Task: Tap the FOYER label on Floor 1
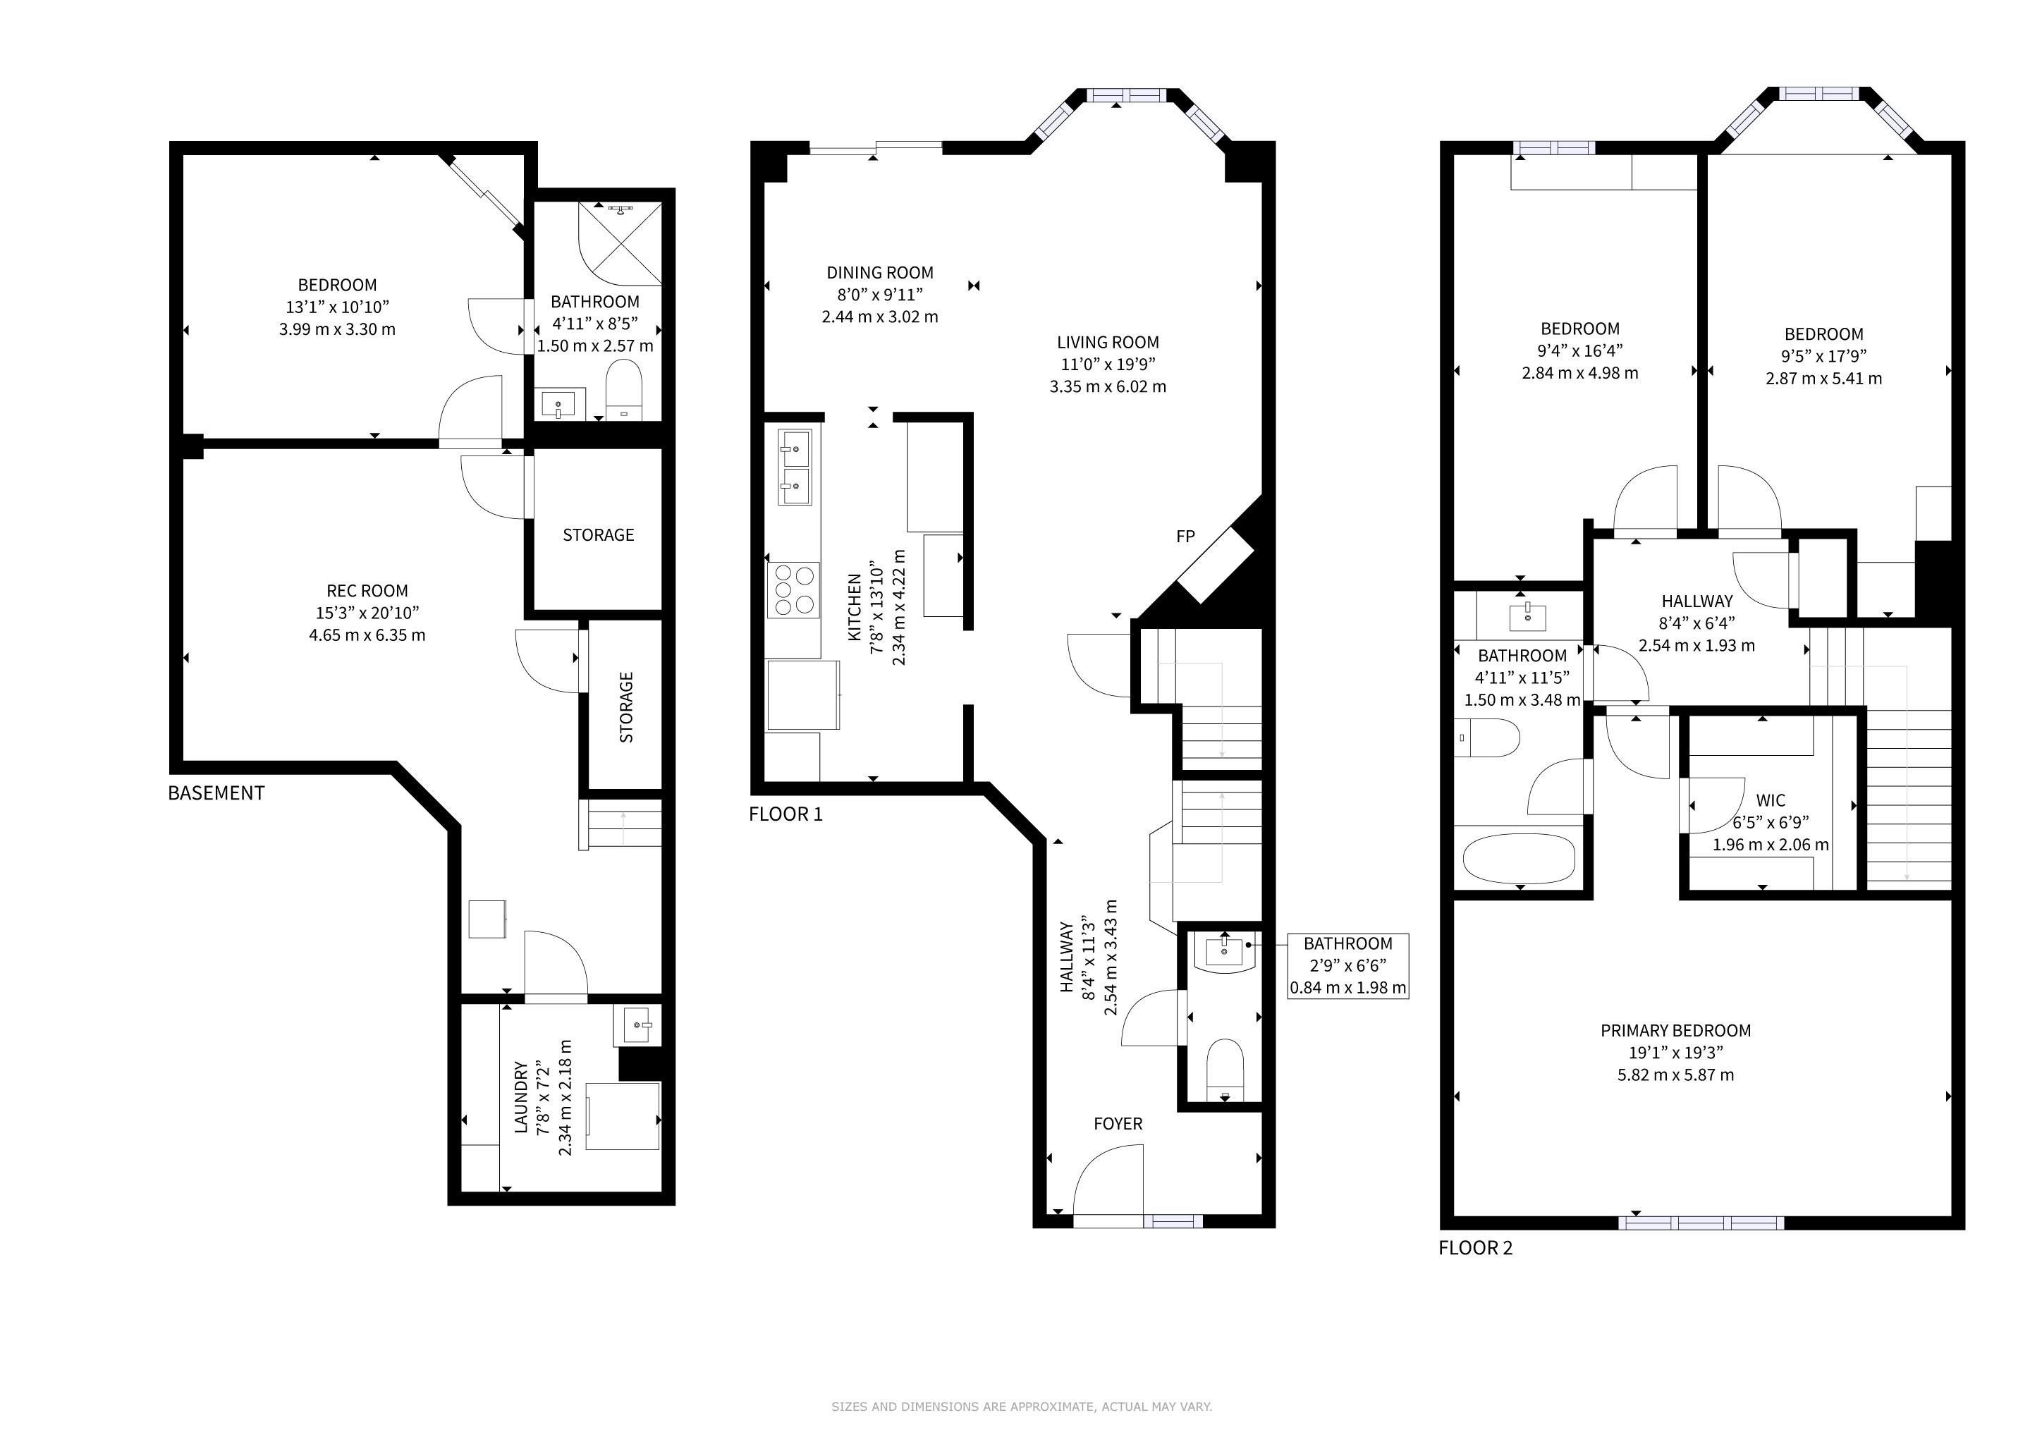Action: click(1118, 1124)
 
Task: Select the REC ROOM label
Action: click(367, 590)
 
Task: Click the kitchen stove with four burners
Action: click(793, 590)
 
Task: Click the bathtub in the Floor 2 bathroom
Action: click(1519, 858)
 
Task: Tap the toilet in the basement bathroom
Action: click(623, 388)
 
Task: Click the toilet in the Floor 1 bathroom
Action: click(1225, 1069)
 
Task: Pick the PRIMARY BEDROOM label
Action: click(1675, 1031)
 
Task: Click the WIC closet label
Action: click(1771, 800)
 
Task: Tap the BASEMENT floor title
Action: click(216, 793)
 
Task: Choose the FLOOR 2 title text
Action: click(1476, 1247)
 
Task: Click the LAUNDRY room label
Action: click(521, 1097)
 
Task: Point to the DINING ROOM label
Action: click(879, 273)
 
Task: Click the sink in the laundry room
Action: click(637, 1026)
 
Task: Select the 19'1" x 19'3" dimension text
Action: click(1675, 1053)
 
